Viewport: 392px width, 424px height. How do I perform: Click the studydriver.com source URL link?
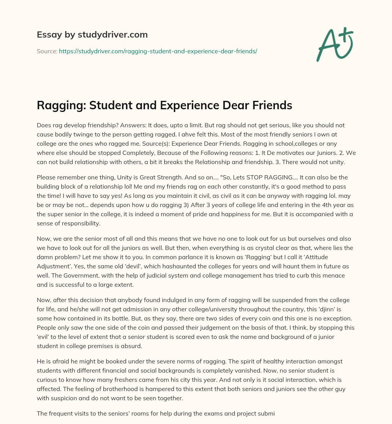(158, 51)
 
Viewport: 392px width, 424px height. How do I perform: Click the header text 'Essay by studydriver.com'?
(92, 35)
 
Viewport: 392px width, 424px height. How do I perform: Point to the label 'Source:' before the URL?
(47, 51)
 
